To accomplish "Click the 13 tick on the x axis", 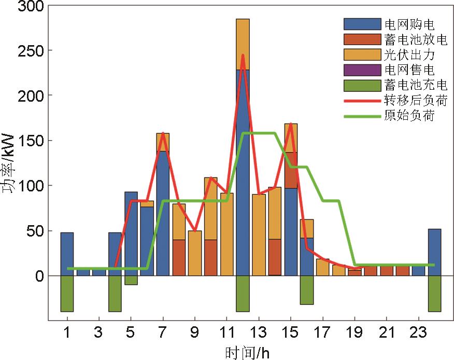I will (259, 330).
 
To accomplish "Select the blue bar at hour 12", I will (243, 171).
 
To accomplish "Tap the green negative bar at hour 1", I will (67, 293).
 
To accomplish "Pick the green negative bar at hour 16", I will (307, 289).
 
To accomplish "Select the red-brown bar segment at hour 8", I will (179, 257).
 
